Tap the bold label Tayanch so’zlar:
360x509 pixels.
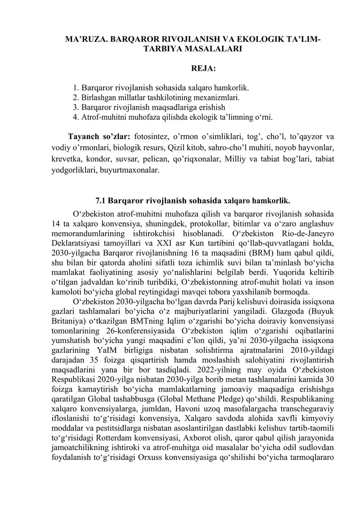99,136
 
